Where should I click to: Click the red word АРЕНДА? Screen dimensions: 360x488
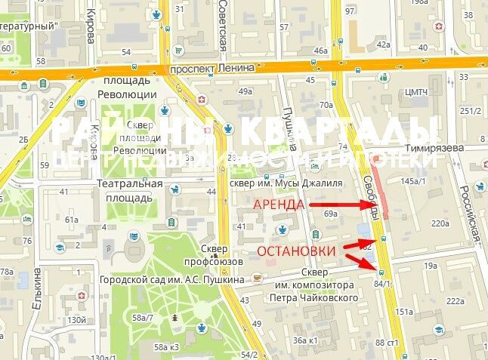[x=279, y=205]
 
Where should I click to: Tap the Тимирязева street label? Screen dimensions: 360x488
[x=433, y=149]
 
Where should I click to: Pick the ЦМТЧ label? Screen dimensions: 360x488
[x=418, y=93]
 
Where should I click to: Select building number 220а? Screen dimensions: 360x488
[x=440, y=223]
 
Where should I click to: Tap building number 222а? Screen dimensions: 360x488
[x=455, y=301]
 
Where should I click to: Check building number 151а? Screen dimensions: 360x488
[x=404, y=311]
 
